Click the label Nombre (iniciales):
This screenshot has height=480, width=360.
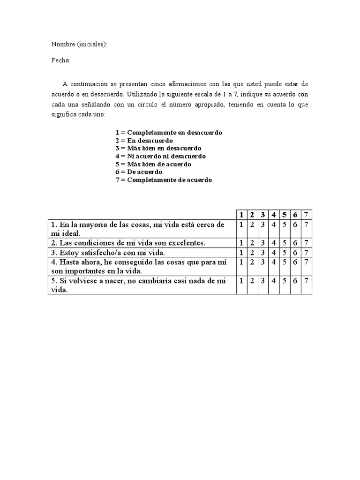pyautogui.click(x=79, y=45)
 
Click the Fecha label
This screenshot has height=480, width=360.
pyautogui.click(x=61, y=60)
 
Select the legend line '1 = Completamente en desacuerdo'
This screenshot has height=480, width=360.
pyautogui.click(x=169, y=133)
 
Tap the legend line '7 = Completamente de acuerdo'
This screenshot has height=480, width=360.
pyautogui.click(x=164, y=180)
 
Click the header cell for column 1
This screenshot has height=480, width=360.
pyautogui.click(x=241, y=215)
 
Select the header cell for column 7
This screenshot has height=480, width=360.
pyautogui.click(x=306, y=215)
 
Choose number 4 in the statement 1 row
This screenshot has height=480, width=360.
pyautogui.click(x=274, y=225)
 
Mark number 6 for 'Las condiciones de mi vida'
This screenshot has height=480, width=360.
pyautogui.click(x=295, y=243)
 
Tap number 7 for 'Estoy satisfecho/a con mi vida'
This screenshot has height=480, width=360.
pyautogui.click(x=306, y=253)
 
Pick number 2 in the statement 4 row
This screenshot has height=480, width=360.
pyautogui.click(x=252, y=262)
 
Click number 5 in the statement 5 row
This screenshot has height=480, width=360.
pyautogui.click(x=285, y=281)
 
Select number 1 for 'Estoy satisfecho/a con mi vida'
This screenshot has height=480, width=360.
pyautogui.click(x=241, y=253)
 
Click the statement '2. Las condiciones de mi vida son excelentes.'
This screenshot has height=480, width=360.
pyautogui.click(x=129, y=243)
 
